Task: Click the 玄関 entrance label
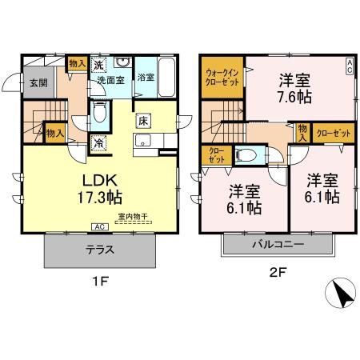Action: pyautogui.click(x=38, y=82)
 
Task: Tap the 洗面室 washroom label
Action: pyautogui.click(x=112, y=80)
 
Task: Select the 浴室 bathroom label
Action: pyautogui.click(x=145, y=77)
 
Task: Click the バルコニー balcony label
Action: pyautogui.click(x=277, y=243)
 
